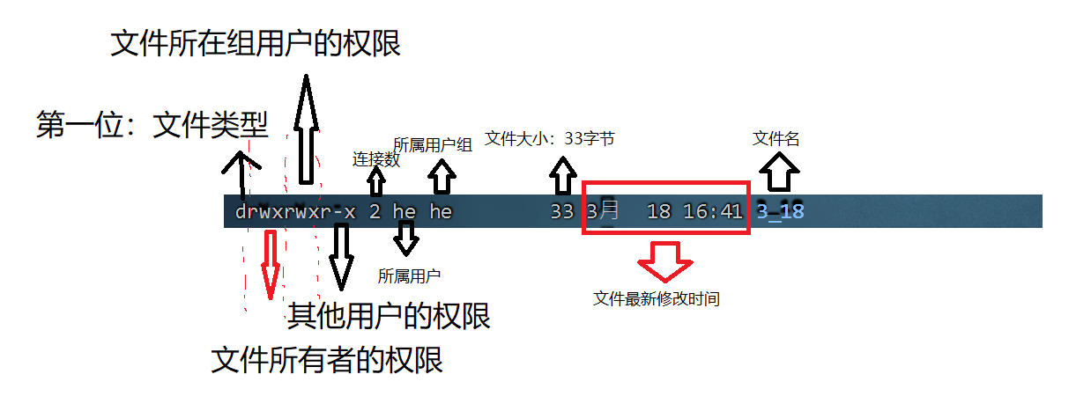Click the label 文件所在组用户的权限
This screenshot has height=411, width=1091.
click(256, 42)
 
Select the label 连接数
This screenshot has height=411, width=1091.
click(376, 159)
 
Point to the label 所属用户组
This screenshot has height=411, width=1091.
click(433, 145)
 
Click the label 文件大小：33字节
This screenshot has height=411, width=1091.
click(550, 138)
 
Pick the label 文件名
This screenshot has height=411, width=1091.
click(776, 138)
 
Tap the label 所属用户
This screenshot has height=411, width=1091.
click(409, 275)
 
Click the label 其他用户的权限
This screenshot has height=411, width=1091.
click(389, 315)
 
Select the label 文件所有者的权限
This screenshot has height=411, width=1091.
click(327, 360)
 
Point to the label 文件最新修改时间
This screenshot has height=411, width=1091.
click(657, 299)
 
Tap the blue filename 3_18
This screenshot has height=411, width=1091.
click(780, 212)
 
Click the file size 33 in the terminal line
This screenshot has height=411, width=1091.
click(561, 212)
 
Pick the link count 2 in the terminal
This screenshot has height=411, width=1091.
click(375, 212)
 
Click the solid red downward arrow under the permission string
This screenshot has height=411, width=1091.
click(271, 264)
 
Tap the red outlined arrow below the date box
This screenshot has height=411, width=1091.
click(665, 259)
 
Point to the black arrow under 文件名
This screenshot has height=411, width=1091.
click(778, 171)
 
